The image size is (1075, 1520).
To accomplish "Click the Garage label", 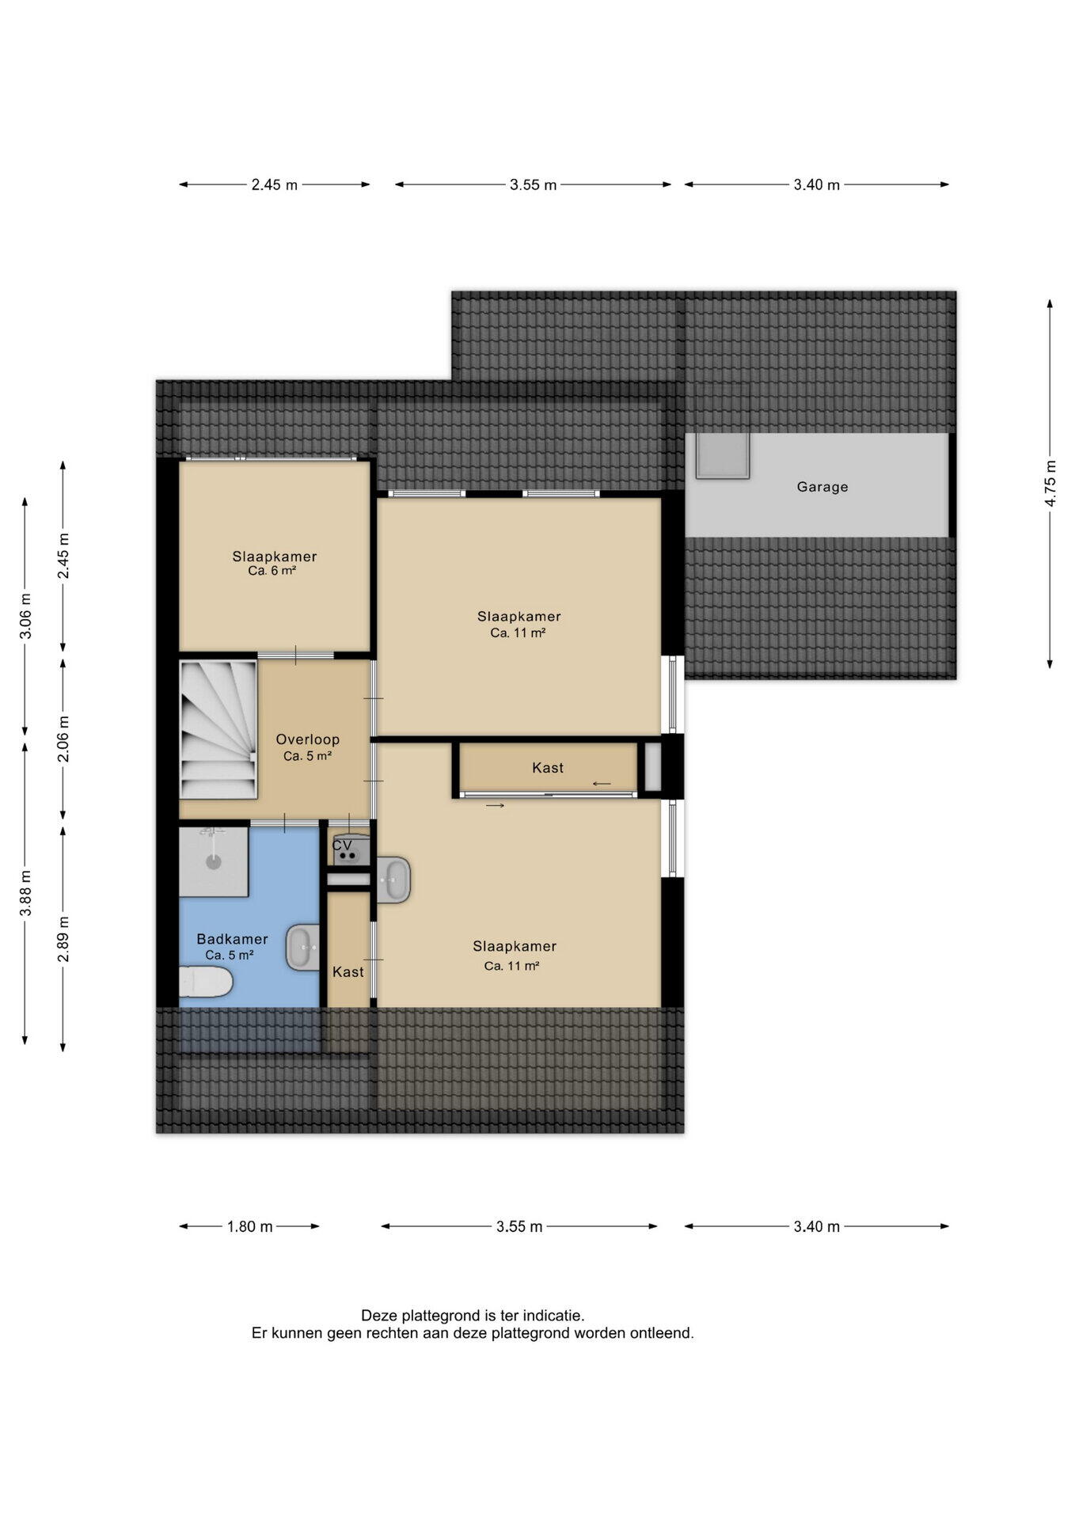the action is [x=822, y=487].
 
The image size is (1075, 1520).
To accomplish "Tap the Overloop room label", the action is [x=307, y=739].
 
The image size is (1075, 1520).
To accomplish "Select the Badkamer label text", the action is [x=232, y=939].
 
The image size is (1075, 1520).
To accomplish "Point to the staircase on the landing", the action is [x=218, y=730].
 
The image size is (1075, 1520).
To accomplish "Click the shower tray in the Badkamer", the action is [x=214, y=861].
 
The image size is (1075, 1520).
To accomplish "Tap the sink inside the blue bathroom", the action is [x=302, y=947].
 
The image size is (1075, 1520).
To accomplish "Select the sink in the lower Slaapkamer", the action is [x=393, y=880].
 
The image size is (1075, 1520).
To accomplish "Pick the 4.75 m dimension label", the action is [x=1050, y=483].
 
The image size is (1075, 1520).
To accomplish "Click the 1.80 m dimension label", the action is [x=249, y=1226].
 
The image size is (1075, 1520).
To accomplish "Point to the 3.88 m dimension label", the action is [x=25, y=893].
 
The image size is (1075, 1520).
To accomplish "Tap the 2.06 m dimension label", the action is [x=63, y=739].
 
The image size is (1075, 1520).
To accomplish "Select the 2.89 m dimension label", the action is [x=63, y=939].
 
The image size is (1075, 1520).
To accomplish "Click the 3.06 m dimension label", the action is [x=25, y=616].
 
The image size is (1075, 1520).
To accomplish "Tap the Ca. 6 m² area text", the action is [x=272, y=571].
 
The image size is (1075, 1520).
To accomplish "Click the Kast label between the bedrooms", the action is [x=548, y=767].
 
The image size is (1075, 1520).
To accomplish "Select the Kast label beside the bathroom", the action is [x=348, y=971].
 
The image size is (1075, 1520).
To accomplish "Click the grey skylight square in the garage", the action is [x=722, y=455].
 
